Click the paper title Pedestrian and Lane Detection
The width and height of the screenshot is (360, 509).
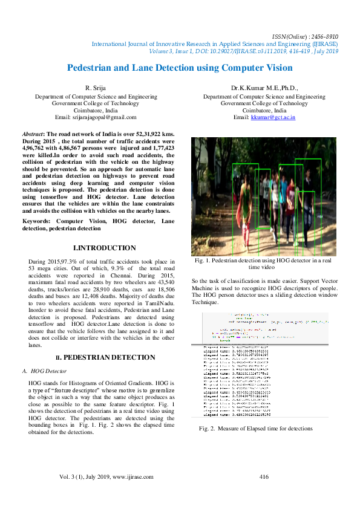click(179, 68)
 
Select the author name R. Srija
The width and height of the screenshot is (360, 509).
click(96, 88)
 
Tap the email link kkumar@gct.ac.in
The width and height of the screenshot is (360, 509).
click(273, 117)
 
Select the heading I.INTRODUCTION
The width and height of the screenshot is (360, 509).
click(104, 248)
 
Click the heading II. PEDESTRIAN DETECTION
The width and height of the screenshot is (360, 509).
click(104, 358)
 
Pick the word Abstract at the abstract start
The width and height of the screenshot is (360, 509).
click(33, 134)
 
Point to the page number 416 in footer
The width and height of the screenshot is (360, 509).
click(264, 477)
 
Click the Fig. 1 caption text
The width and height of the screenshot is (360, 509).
click(264, 264)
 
